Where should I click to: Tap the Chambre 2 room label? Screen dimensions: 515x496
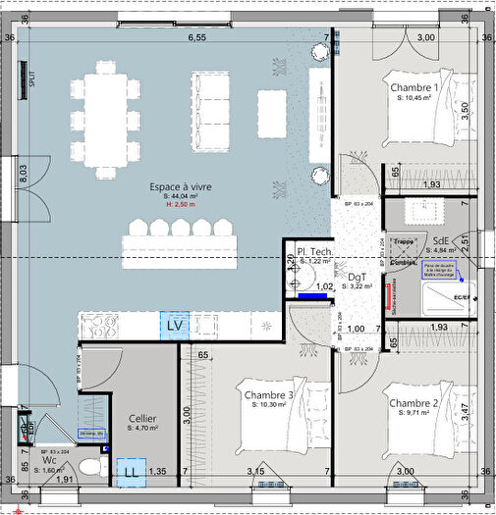(x=413, y=403)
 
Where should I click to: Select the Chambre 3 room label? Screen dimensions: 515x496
(x=269, y=395)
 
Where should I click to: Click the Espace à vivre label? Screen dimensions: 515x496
(x=181, y=186)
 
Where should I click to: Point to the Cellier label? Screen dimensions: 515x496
(x=142, y=418)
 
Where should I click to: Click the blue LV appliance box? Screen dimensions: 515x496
(x=176, y=325)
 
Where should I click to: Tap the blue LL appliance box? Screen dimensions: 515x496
(x=131, y=471)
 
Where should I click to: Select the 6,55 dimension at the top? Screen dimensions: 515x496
(x=197, y=37)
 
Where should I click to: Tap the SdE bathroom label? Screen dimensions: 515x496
(x=442, y=240)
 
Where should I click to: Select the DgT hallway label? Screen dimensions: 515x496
(x=357, y=278)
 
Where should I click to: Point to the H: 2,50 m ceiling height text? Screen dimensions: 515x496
(x=180, y=206)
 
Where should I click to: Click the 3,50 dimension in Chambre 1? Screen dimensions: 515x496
(x=465, y=108)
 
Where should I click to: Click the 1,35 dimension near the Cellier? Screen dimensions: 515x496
(x=158, y=472)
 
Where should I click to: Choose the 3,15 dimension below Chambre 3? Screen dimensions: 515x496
(x=257, y=472)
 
